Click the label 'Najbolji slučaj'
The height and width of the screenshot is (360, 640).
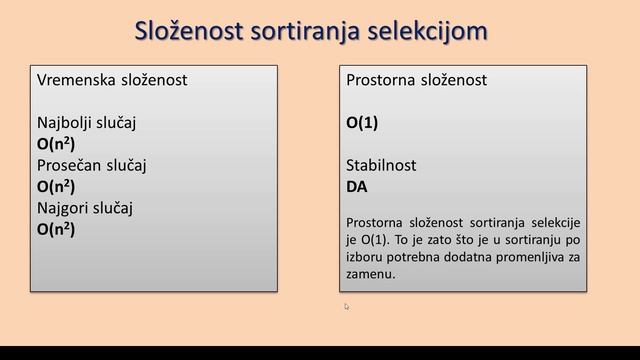point(86,122)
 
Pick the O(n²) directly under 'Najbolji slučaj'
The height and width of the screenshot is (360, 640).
point(56,143)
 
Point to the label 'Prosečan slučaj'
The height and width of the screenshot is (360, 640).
point(91,164)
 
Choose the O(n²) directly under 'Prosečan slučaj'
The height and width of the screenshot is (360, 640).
point(56,186)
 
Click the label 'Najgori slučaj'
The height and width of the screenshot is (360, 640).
point(85,207)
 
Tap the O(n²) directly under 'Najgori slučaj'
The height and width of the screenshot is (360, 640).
point(56,228)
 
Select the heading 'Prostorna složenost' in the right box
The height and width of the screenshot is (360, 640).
point(416,80)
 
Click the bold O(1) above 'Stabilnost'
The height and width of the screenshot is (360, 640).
point(362,122)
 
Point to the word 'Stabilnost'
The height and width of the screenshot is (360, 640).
point(381,164)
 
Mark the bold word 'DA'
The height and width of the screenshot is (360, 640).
point(356,186)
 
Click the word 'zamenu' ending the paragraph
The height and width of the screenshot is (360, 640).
point(369,273)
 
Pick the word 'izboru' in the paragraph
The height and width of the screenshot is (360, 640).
point(365,256)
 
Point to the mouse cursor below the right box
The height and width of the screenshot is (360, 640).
point(347,307)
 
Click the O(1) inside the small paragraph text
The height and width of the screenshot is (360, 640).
point(371,239)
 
